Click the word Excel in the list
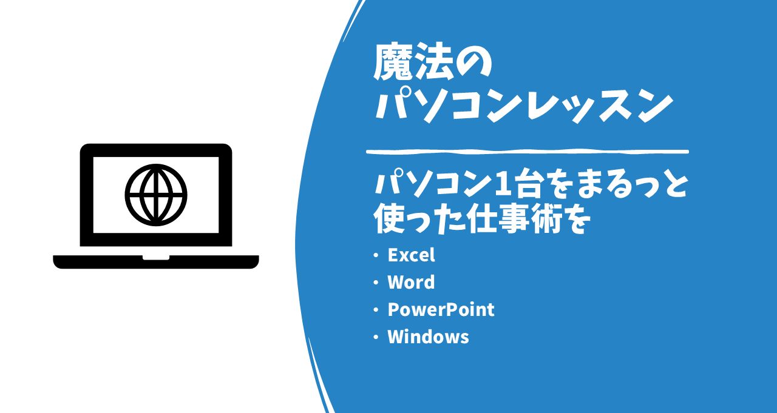411,255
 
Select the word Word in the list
411,283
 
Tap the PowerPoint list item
441,310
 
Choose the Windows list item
428,337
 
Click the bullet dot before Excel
376,256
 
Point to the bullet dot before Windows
376,337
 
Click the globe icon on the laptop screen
156,195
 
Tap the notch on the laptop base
156,257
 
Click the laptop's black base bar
156,262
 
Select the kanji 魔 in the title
392,62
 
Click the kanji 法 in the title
433,62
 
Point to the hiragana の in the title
472,62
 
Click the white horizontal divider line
528,152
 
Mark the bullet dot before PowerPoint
376,310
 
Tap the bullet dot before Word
376,283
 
